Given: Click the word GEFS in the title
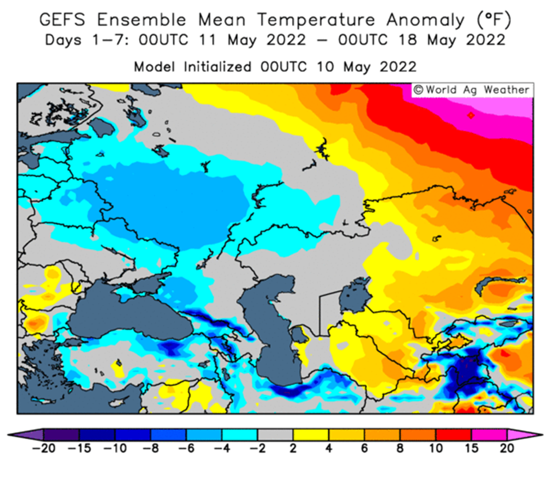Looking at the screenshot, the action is (62, 19).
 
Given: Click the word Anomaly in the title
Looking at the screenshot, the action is (426, 21).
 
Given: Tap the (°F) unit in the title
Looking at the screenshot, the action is (494, 20).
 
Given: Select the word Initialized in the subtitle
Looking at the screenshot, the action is (218, 67).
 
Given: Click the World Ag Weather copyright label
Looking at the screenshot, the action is (472, 90).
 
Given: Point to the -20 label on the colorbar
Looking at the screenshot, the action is (43, 448).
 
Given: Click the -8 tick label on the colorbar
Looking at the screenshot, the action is (151, 448).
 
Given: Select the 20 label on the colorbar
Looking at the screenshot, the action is (507, 448).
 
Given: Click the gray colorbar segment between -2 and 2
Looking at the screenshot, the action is (276, 435).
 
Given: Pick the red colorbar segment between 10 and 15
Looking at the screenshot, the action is (453, 435).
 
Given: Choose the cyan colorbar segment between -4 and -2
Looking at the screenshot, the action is (240, 435).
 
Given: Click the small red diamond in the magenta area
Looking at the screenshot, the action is (471, 115).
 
